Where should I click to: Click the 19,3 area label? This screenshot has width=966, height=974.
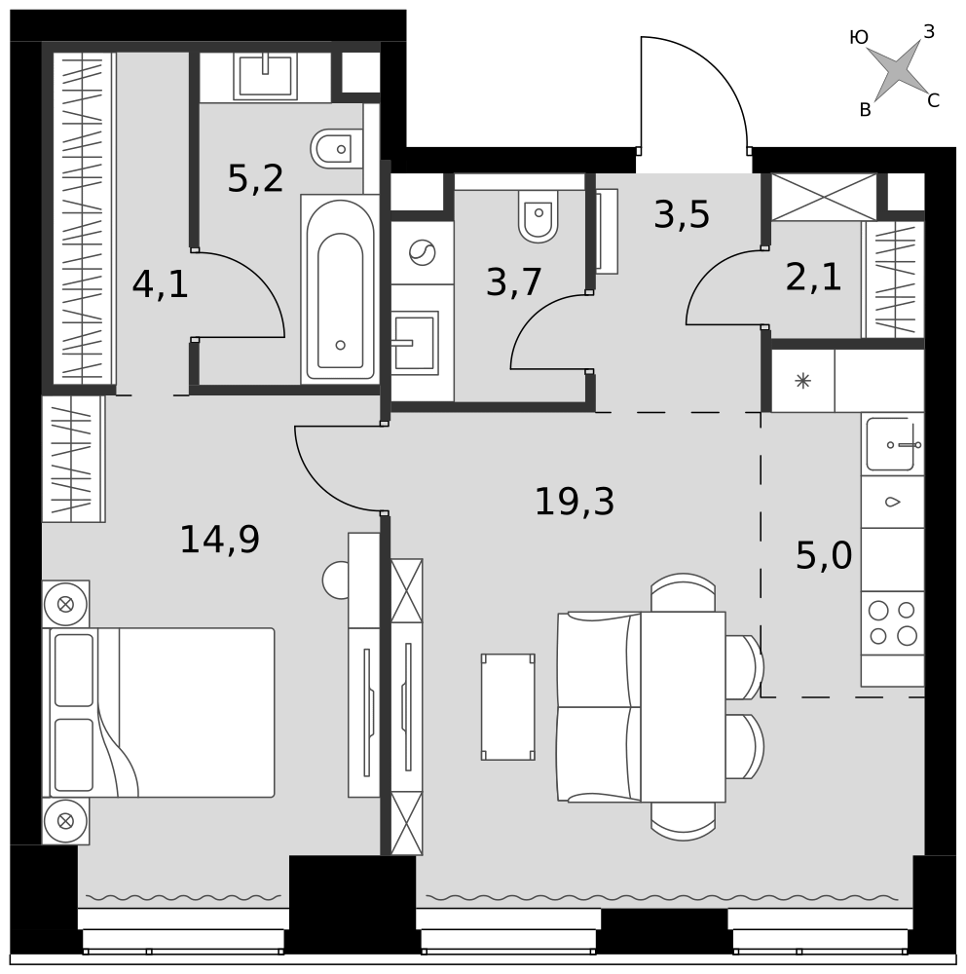(x=575, y=502)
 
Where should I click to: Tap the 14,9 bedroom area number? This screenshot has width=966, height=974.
(x=220, y=540)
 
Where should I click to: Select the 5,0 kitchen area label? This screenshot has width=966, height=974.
(x=824, y=555)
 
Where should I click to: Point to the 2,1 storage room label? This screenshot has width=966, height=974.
(x=813, y=277)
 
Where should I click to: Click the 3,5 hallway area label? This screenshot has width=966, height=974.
(x=682, y=215)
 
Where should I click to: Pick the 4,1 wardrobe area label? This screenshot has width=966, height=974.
(x=161, y=285)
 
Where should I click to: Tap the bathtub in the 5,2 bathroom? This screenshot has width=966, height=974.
(x=340, y=289)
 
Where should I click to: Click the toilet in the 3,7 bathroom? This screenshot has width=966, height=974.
(x=539, y=215)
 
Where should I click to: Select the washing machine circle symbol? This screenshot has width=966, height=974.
(x=423, y=253)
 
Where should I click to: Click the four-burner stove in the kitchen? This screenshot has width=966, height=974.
(x=893, y=623)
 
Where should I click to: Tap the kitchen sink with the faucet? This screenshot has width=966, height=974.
(x=893, y=444)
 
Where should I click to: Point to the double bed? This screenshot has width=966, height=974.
(x=159, y=713)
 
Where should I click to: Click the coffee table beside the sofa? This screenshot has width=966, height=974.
(x=508, y=707)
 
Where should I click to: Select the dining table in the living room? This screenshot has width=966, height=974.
(x=684, y=707)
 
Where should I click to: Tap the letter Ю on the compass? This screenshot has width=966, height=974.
(x=859, y=38)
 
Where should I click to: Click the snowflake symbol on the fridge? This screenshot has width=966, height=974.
(x=802, y=381)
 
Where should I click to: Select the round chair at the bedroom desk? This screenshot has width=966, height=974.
(x=335, y=581)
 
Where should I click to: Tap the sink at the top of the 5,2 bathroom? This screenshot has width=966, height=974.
(x=265, y=76)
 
